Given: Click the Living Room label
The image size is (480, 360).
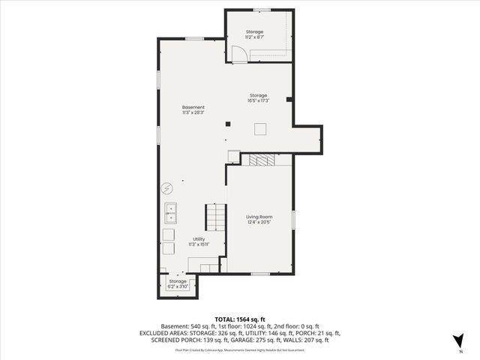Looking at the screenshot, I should (259, 217).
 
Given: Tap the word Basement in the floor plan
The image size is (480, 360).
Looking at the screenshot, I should (193, 106).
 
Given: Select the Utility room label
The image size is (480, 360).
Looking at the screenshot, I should (198, 239).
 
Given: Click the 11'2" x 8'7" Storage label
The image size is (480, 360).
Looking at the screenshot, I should (254, 31).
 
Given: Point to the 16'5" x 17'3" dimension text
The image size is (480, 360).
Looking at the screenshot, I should (259, 100).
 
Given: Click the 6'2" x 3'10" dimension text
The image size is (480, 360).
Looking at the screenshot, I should (178, 286).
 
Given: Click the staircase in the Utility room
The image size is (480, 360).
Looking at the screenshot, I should (216, 217).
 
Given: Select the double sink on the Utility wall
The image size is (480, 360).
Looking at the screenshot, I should (171, 214).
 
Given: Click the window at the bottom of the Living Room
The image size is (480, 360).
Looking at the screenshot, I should (259, 274).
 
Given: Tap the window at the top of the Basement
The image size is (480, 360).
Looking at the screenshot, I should (194, 38).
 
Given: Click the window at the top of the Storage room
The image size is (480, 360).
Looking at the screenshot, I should (262, 10).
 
